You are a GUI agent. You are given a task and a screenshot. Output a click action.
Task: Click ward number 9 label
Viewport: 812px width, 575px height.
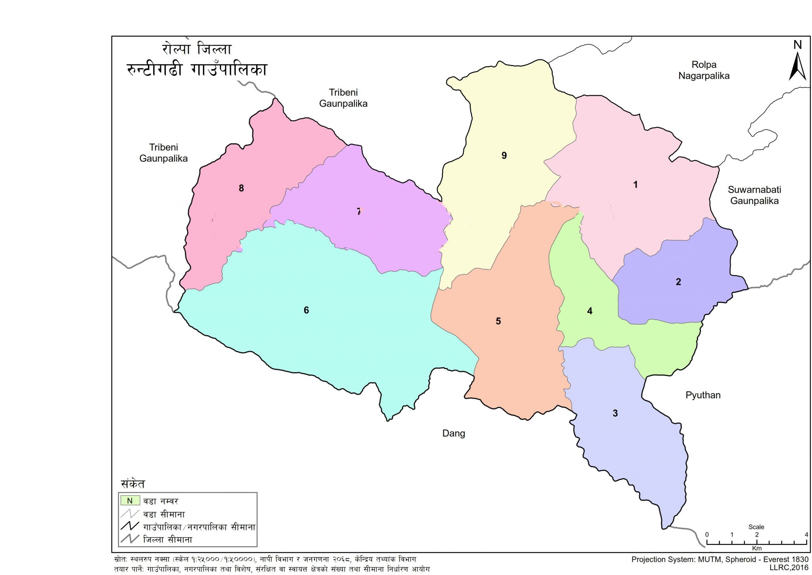pos(504,155)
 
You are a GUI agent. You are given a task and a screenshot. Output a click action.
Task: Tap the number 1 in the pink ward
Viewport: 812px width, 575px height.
pos(635,184)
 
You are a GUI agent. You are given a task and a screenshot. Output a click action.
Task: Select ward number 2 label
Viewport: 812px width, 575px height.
pos(678,282)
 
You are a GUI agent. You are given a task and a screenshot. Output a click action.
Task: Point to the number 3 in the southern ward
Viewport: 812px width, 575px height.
pos(615,413)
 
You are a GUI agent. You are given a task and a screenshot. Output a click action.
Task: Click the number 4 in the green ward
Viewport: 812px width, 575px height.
pos(590,311)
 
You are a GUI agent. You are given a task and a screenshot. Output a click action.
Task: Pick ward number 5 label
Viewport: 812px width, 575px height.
pos(498,321)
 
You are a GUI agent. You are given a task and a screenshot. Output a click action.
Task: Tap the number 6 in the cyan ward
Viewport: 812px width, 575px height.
pos(306,310)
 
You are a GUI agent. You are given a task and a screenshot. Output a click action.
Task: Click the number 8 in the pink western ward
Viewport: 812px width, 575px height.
pos(241,188)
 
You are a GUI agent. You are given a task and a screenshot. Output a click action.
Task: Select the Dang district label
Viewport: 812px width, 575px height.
pos(454,433)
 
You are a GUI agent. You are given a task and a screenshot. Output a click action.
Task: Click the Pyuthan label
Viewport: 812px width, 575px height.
pos(703,395)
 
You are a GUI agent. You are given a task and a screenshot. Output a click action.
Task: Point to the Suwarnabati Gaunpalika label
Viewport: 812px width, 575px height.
pos(754,195)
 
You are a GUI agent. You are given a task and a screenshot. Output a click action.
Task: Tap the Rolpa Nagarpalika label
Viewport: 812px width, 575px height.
pos(704,70)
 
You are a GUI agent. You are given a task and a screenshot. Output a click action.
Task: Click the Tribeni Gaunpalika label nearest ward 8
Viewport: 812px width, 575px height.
pos(163,153)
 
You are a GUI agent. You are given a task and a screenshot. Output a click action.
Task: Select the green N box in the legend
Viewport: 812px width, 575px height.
pos(130,501)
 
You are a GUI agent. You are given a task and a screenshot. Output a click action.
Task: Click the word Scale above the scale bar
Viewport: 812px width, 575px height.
pos(756,527)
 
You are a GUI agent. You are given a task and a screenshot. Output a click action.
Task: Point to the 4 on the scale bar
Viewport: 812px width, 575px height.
pos(806,535)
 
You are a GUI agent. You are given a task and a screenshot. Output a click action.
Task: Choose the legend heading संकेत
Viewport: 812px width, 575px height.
pos(133,484)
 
